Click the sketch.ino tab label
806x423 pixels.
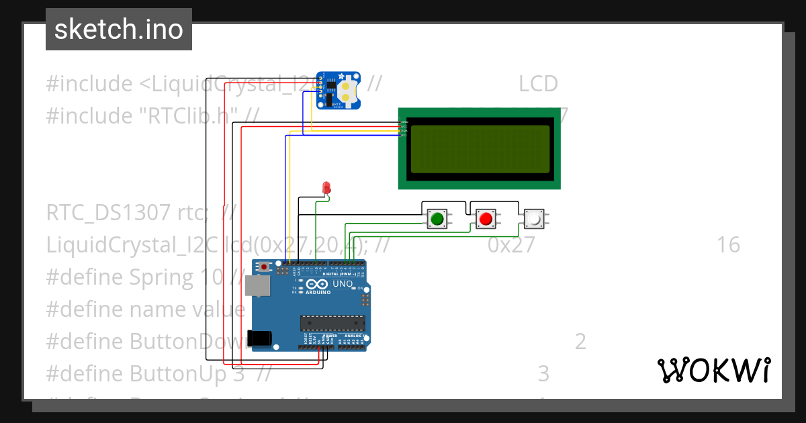pyautogui.click(x=118, y=30)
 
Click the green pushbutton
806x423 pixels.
pyautogui.click(x=437, y=218)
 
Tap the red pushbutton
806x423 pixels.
pyautogui.click(x=486, y=218)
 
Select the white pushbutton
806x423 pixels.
pyautogui.click(x=534, y=218)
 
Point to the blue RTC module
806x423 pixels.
pyautogui.click(x=339, y=90)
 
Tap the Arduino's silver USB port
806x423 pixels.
pyautogui.click(x=257, y=286)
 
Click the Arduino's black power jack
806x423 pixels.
pyautogui.click(x=261, y=338)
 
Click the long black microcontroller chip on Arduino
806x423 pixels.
pyautogui.click(x=332, y=322)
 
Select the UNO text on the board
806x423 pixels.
pyautogui.click(x=343, y=284)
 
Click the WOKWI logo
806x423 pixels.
pyautogui.click(x=713, y=371)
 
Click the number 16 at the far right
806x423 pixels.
pyautogui.click(x=727, y=245)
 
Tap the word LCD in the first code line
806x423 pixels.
pyautogui.click(x=538, y=84)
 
